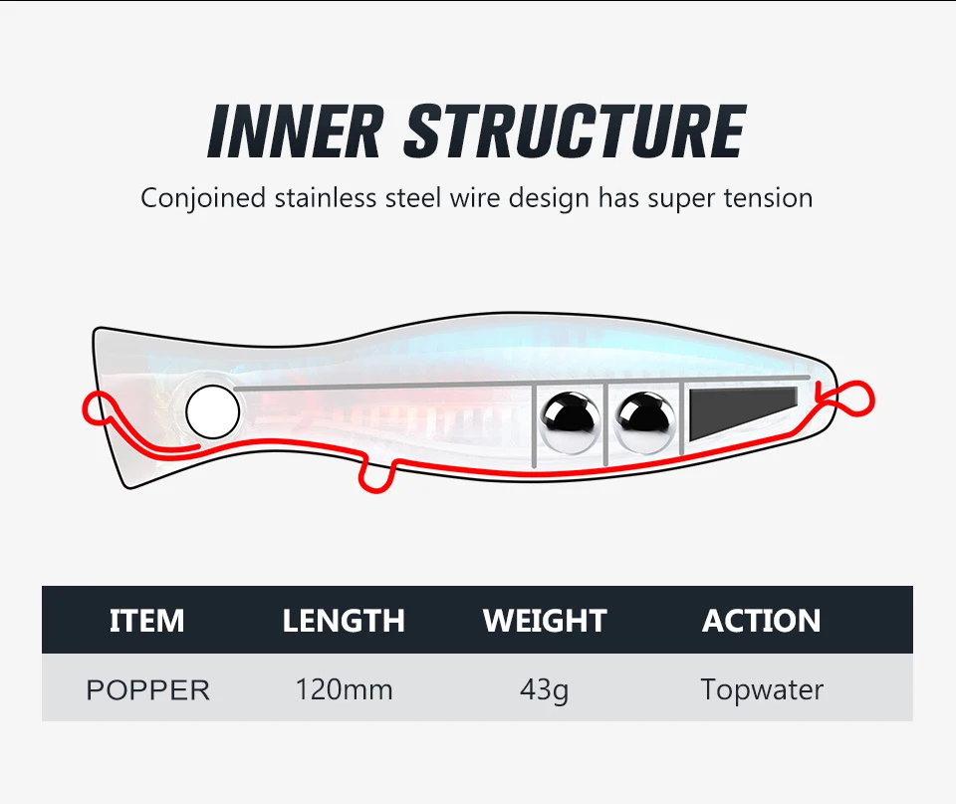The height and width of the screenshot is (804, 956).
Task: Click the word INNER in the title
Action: (294, 131)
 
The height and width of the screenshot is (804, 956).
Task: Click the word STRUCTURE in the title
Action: (576, 131)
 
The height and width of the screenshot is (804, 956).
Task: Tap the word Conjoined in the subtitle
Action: (203, 197)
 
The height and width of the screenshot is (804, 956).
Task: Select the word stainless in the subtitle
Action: (325, 197)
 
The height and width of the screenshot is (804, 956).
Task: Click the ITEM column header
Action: (146, 621)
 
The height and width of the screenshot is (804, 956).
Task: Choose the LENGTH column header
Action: (344, 621)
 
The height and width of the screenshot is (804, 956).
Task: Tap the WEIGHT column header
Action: (544, 621)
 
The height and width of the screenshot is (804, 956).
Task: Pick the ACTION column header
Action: (761, 621)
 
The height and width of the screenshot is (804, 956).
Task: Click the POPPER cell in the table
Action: (147, 689)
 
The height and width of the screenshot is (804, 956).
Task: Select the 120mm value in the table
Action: (344, 688)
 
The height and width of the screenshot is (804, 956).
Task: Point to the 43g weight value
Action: (544, 689)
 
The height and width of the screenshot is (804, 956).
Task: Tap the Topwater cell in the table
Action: (762, 688)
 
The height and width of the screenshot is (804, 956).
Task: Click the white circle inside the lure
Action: (213, 409)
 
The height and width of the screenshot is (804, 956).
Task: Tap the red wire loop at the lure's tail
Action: (853, 400)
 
